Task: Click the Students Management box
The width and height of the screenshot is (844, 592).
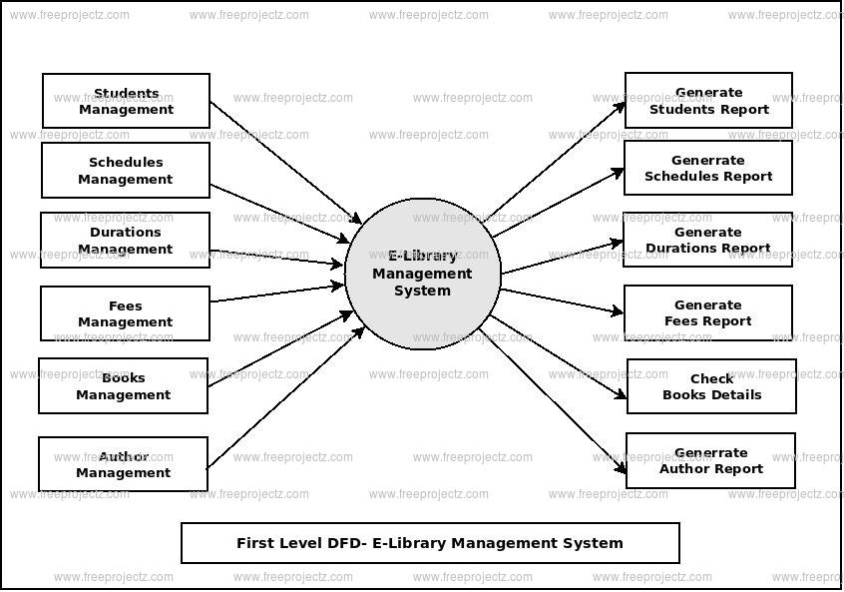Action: [126, 101]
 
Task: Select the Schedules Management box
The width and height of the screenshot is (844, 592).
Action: [126, 171]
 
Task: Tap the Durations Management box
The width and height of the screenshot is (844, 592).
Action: [126, 241]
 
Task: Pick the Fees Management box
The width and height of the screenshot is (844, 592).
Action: [126, 313]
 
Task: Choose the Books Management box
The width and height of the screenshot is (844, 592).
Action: [124, 386]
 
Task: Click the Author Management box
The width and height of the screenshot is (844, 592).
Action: [124, 464]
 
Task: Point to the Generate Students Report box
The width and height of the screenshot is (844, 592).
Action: [708, 100]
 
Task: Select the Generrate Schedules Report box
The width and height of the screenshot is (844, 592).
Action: [708, 168]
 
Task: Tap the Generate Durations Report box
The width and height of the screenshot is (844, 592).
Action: [708, 240]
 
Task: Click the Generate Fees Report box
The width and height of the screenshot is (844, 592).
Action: [708, 312]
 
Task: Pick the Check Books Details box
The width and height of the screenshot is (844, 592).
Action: [711, 386]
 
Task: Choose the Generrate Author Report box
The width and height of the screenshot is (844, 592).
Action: [710, 460]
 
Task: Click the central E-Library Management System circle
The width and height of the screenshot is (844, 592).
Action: [422, 274]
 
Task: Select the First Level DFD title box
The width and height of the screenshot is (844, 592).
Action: [430, 543]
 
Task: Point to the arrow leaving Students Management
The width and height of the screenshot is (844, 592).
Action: [284, 161]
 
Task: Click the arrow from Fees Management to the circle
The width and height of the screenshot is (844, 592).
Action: [277, 293]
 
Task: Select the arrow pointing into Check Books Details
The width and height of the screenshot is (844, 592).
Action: [559, 357]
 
